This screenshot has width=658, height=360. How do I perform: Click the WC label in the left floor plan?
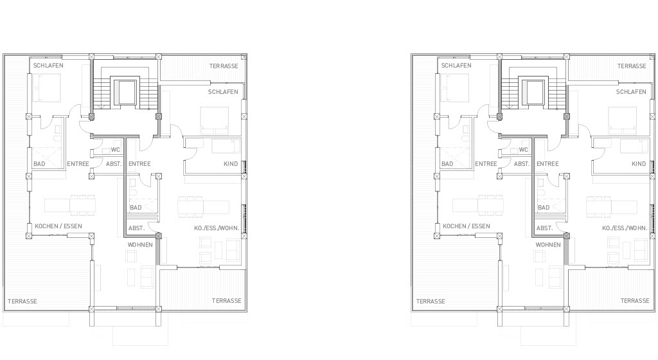(116, 150)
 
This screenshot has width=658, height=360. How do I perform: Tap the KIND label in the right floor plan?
(639, 164)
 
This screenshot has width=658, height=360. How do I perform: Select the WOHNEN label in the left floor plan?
(140, 245)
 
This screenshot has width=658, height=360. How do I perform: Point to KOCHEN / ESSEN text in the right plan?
(467, 226)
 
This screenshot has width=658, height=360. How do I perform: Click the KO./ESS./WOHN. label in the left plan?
(217, 228)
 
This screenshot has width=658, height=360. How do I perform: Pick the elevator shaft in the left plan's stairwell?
(125, 91)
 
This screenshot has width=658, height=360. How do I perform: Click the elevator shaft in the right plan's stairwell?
(533, 91)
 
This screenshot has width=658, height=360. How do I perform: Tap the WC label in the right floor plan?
(523, 150)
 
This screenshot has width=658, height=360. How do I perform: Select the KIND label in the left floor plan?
(231, 164)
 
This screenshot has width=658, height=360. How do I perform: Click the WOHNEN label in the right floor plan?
(548, 245)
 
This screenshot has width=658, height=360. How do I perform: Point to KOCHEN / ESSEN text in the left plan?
(58, 226)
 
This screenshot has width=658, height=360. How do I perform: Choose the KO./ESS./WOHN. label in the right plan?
(625, 228)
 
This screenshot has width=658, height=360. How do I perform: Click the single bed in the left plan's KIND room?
(226, 147)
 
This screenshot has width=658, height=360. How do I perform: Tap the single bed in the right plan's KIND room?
(634, 147)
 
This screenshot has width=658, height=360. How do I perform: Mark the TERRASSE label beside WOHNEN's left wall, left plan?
(22, 301)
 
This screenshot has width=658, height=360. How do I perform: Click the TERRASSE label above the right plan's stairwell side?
(632, 66)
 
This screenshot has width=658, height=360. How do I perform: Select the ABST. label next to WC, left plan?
(114, 164)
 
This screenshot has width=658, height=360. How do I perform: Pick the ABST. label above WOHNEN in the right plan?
(544, 228)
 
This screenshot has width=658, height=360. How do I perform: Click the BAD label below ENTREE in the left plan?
(136, 207)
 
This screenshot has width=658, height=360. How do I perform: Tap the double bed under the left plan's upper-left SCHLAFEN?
(47, 87)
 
